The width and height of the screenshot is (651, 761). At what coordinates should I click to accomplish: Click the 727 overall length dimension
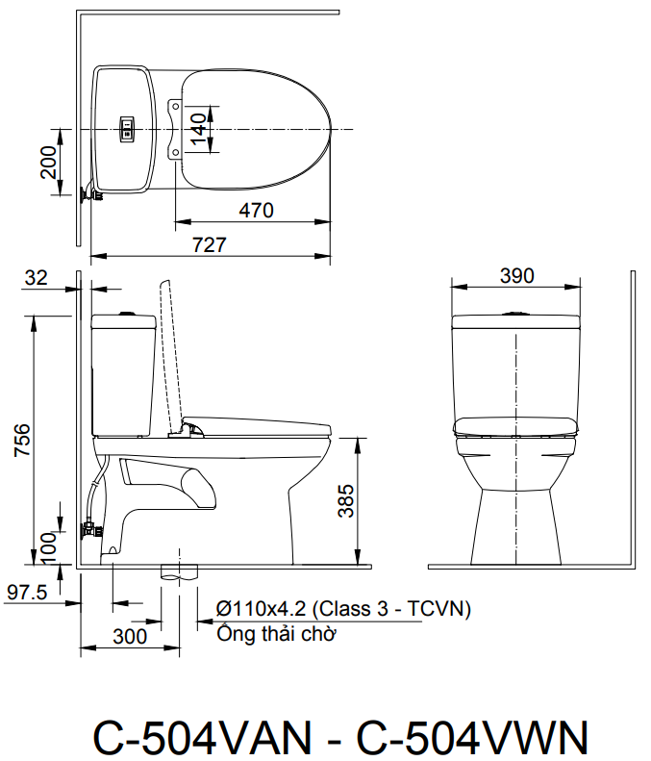coord(210,244)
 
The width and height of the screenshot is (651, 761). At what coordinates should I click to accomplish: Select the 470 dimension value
coord(257,210)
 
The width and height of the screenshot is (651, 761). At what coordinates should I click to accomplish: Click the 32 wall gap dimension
coord(36,277)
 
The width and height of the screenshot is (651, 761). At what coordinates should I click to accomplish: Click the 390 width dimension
coord(516,276)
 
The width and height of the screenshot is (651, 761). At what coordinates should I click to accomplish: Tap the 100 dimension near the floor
coord(48,546)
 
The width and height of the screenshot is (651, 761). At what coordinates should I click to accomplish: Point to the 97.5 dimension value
coord(28,594)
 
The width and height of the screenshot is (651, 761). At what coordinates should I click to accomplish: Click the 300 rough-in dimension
coord(129,636)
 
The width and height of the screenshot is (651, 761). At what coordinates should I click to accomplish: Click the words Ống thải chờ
coord(276,633)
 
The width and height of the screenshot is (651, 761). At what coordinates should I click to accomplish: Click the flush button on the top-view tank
coord(125,129)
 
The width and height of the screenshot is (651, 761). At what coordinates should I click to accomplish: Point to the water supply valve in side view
coord(89,528)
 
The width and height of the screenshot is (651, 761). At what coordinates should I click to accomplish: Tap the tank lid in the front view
coord(516,320)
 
